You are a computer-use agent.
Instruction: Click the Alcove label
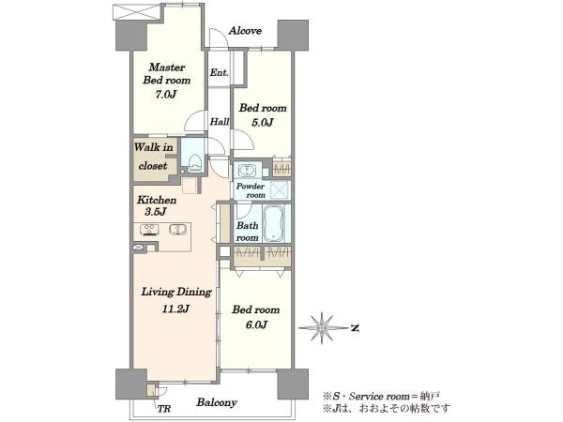point(245,31)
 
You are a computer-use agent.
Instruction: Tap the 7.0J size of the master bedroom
point(166,95)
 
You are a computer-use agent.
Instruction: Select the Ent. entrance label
point(219,72)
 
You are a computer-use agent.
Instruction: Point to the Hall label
point(220,122)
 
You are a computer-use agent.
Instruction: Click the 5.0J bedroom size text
point(263,122)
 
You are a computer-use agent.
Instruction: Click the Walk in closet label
point(153,157)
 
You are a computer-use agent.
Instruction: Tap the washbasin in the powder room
point(246,170)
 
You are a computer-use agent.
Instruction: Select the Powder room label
point(251,190)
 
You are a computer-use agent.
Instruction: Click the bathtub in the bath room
point(274,223)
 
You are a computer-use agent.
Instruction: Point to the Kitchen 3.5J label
point(156,205)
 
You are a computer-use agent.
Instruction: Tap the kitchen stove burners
point(149,230)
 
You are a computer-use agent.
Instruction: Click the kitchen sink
point(177,230)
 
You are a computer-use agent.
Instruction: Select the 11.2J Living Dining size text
point(175,309)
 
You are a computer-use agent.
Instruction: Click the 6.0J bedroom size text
point(256,324)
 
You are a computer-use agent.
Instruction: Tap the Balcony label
point(217,402)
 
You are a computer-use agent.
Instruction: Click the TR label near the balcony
point(164,409)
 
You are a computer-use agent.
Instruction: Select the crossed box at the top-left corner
point(136,12)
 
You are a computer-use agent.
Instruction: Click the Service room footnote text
point(381,396)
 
